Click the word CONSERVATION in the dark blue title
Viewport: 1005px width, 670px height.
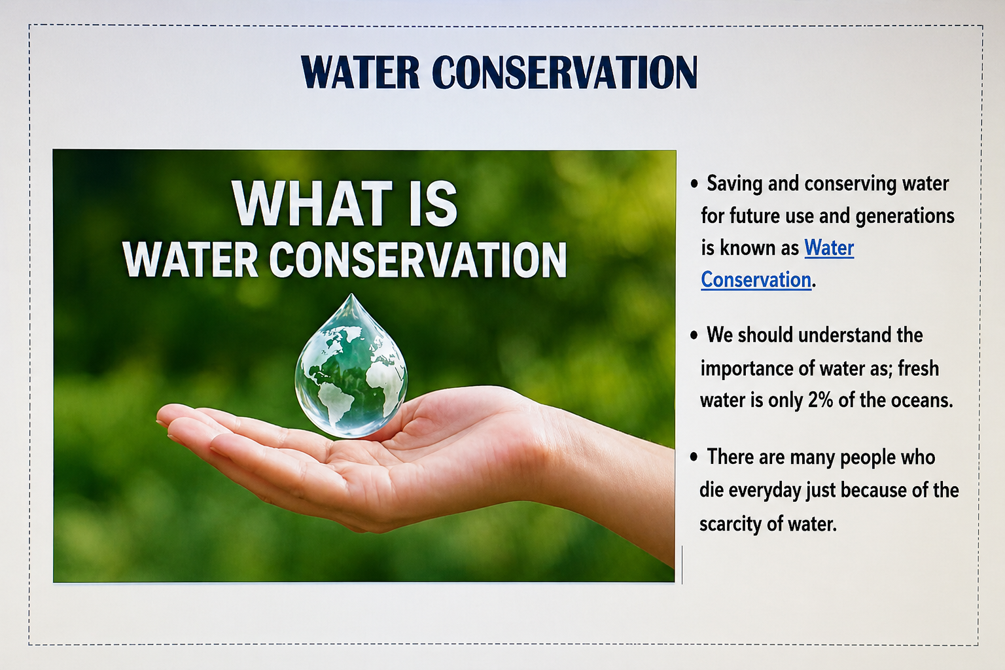coord(565,72)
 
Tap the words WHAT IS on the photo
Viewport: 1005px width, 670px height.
coord(344,203)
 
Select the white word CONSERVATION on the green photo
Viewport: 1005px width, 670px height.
coord(417,260)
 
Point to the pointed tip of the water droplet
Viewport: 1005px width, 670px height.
coord(351,294)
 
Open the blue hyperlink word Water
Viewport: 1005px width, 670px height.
coord(829,248)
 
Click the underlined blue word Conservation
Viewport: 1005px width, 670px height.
coord(756,279)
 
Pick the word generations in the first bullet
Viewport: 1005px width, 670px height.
coord(905,217)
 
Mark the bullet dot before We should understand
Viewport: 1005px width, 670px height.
coord(694,336)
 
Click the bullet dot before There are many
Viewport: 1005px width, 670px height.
coord(694,457)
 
